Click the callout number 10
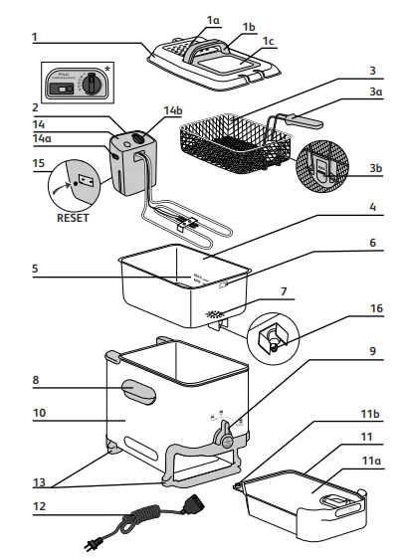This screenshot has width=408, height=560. (x=38, y=409)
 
